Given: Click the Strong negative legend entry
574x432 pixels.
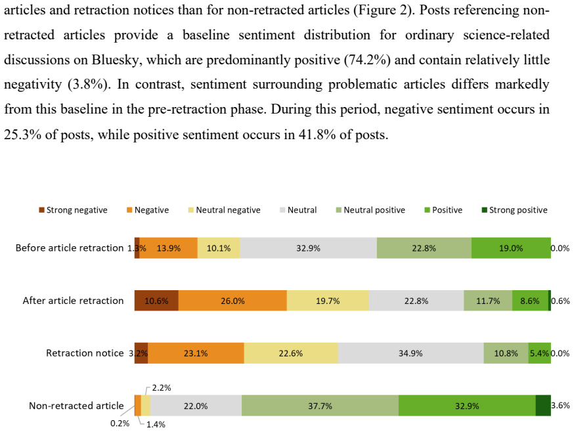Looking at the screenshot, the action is point(73,210).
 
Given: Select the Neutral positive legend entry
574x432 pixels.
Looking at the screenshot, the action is point(370,210).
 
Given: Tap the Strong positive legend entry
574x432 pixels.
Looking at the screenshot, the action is point(515,210).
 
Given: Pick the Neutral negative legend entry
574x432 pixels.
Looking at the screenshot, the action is point(225,210).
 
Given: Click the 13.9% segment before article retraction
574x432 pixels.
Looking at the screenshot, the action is point(168,248).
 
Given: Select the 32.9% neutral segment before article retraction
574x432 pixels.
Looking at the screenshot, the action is point(308,248).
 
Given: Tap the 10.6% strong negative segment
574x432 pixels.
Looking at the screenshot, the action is point(156,301).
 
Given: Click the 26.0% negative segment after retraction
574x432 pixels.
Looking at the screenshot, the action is point(232,301).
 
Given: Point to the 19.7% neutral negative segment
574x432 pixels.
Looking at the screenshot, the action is point(328,301).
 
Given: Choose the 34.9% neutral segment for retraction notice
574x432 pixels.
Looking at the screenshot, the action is point(410,353).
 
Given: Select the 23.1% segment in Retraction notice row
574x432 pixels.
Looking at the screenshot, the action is point(196,353).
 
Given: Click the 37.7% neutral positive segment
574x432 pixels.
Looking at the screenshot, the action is point(320,406).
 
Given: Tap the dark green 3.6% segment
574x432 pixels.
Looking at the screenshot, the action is point(543,406).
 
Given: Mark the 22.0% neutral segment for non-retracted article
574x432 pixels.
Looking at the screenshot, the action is point(196,406).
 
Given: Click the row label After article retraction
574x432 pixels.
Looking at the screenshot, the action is point(73,301).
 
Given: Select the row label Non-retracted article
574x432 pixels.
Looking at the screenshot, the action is point(76,406).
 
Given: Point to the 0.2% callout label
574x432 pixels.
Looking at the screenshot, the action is point(120,423).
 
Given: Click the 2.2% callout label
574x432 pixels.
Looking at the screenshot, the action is point(162,388).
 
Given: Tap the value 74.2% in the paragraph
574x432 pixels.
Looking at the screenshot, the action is point(367,60).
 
